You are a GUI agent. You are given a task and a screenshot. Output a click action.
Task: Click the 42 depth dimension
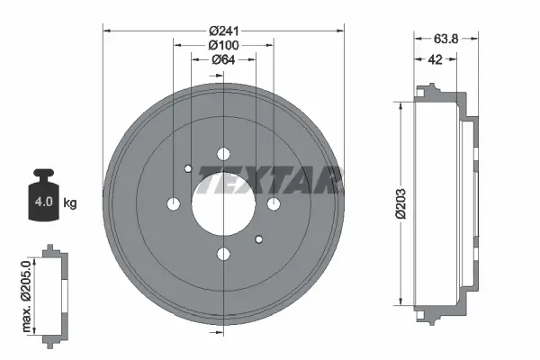pyautogui.click(x=434, y=59)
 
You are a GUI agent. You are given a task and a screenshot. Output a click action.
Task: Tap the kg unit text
pyautogui.click(x=70, y=202)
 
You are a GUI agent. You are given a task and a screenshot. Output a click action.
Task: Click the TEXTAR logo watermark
pyautogui.click(x=270, y=180)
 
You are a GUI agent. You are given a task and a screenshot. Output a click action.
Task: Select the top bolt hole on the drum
pyautogui.click(x=223, y=153)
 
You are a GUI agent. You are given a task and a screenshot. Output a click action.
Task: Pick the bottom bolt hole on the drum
pyautogui.click(x=223, y=255)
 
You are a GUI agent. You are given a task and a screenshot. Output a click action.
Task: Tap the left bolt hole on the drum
pyautogui.click(x=173, y=204)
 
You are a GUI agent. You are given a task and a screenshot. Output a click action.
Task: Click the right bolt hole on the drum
pyautogui.click(x=274, y=204)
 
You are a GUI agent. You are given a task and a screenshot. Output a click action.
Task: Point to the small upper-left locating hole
pyautogui.click(x=187, y=168)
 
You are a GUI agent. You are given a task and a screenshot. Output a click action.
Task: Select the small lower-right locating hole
pyautogui.click(x=259, y=239)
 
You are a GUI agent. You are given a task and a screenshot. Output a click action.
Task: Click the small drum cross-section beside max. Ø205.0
pyautogui.click(x=56, y=292)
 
